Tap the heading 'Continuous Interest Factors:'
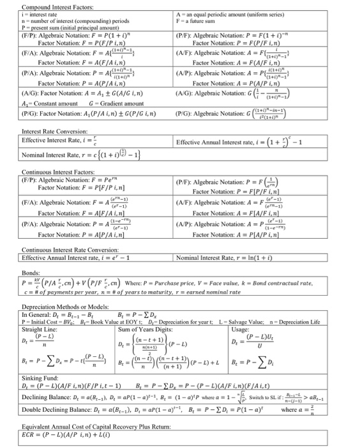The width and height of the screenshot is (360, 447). pos(41,172)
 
